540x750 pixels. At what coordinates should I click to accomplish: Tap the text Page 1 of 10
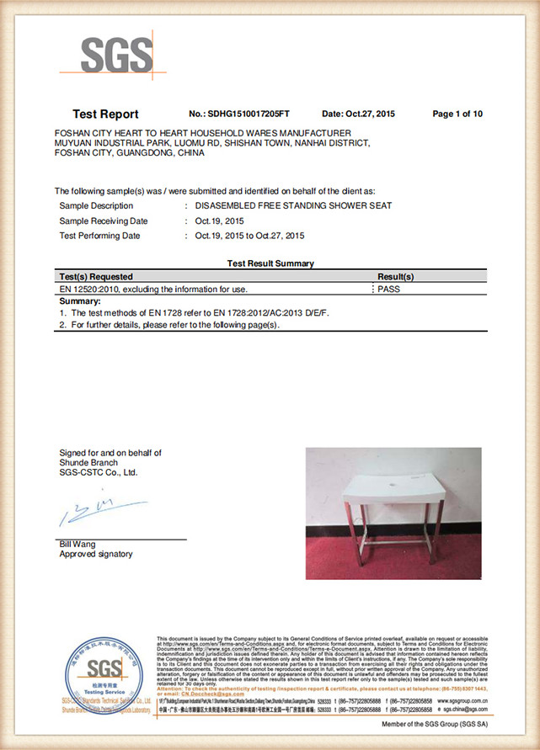(457, 113)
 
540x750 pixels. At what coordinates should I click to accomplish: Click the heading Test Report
(105, 114)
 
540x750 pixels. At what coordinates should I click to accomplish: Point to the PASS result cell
(390, 289)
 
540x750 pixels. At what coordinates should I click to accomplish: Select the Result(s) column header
(395, 276)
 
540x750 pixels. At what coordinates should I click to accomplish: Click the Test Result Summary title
(270, 263)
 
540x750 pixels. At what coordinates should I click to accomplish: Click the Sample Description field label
(96, 205)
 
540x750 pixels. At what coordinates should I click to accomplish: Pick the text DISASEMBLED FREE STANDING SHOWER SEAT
(293, 205)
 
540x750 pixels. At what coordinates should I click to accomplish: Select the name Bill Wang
(76, 545)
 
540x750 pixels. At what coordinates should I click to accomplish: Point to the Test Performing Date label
(99, 236)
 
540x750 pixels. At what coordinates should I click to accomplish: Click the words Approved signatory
(95, 555)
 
